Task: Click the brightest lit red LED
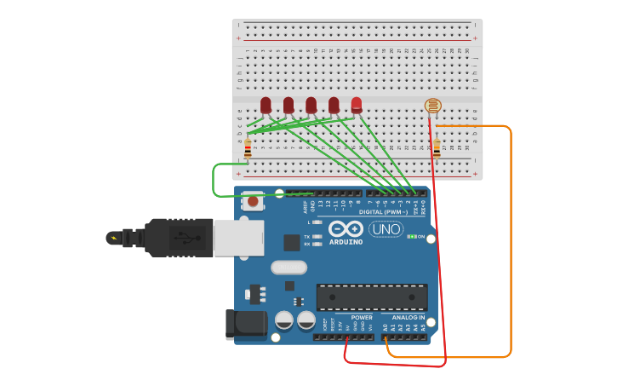click(357, 105)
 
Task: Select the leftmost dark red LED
click(266, 105)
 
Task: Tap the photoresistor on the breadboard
click(433, 106)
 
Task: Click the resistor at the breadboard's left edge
click(248, 149)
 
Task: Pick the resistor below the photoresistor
click(437, 148)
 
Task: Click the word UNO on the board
click(386, 229)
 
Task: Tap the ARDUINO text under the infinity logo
click(346, 242)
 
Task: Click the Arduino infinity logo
click(346, 228)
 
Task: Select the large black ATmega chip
click(372, 297)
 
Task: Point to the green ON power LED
click(412, 236)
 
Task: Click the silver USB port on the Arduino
click(238, 238)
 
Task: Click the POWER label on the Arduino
click(362, 317)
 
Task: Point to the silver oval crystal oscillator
click(289, 268)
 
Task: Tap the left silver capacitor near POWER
click(284, 320)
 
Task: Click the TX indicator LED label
click(307, 236)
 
